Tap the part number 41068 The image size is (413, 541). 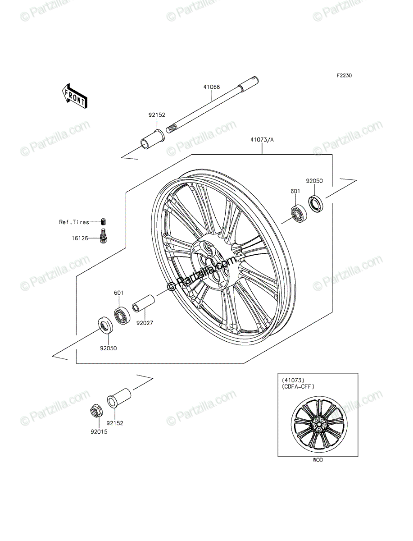pos(211,87)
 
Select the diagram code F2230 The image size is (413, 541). pos(345,75)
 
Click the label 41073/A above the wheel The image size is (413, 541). pos(262,140)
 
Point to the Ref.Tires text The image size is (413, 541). pos(74,222)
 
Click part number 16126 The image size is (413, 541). pos(80,238)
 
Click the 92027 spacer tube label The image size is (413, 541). pos(145,323)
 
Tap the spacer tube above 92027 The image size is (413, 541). pos(144,304)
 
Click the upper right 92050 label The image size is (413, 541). pos(314,181)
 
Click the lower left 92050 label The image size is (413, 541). pos(108,348)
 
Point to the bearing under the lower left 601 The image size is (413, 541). pos(122,316)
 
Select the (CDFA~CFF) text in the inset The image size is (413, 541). pos(298,387)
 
